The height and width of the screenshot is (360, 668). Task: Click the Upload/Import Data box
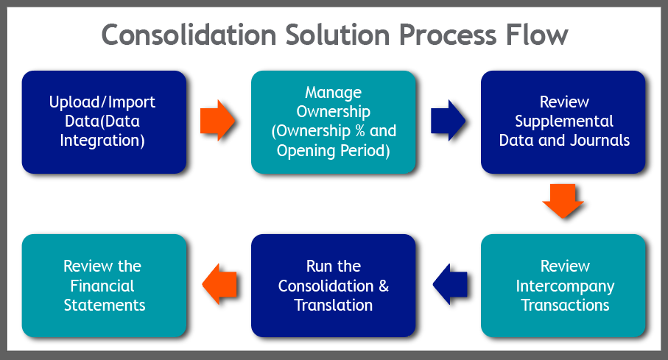(x=103, y=121)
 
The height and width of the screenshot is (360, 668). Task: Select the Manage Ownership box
(x=333, y=121)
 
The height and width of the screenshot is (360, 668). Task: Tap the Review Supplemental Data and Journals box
(x=563, y=121)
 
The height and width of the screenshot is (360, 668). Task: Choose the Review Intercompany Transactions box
(x=563, y=285)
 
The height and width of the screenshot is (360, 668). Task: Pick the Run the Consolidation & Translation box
(x=333, y=285)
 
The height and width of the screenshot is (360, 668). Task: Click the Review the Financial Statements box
(x=103, y=285)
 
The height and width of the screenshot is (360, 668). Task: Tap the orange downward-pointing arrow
(x=563, y=201)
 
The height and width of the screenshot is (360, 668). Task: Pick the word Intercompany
(x=565, y=286)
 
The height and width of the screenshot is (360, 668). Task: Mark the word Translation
(x=334, y=305)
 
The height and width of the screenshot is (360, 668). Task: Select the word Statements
(x=104, y=305)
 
